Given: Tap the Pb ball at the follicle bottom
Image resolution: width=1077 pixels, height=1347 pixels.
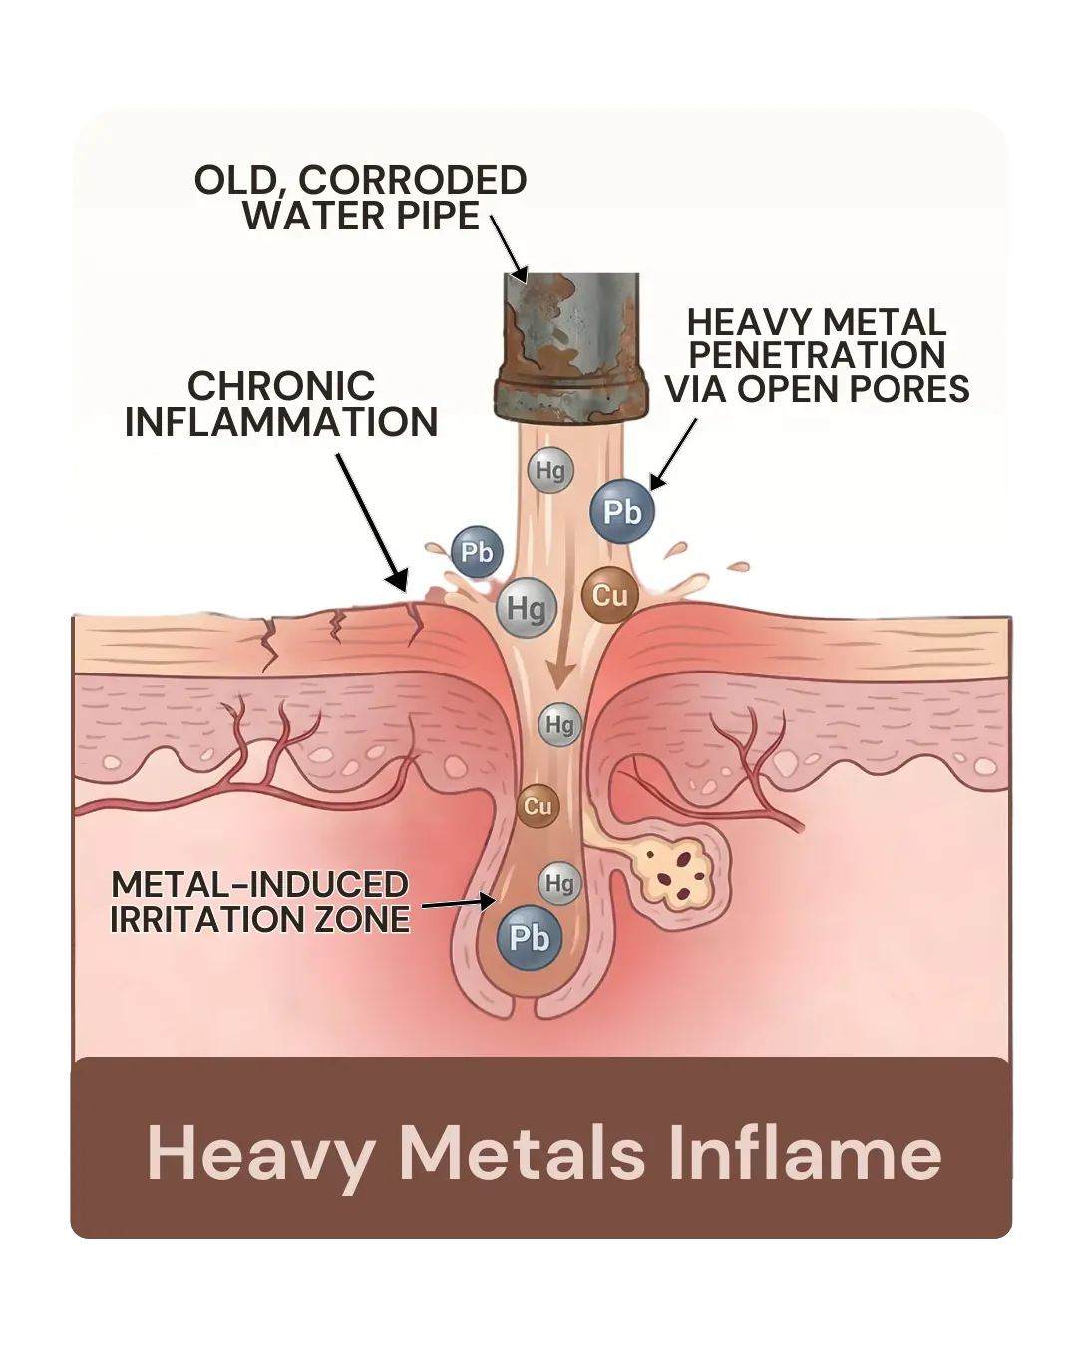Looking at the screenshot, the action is click(x=530, y=938).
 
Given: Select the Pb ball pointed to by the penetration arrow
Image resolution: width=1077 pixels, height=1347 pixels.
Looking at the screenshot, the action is click(x=622, y=511).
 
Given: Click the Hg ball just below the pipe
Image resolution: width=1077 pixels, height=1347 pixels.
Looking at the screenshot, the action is click(x=550, y=470).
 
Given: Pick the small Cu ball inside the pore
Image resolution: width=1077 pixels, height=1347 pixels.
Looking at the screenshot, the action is click(x=538, y=806).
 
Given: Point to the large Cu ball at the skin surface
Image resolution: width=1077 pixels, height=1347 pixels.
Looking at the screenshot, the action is click(x=610, y=595).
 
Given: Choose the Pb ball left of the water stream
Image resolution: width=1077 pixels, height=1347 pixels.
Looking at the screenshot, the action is click(x=477, y=552).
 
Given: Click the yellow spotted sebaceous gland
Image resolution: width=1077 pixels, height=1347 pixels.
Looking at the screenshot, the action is click(x=674, y=872).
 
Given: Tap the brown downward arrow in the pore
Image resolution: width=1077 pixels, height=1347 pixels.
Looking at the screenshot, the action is click(x=558, y=663).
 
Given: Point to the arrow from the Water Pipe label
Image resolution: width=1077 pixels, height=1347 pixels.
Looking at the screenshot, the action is click(x=509, y=249).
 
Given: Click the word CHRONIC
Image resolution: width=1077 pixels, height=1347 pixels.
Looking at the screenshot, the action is click(x=281, y=385).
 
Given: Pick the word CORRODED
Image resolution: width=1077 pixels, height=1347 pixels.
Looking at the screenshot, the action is click(x=413, y=180).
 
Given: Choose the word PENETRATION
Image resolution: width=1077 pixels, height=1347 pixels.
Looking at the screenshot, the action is click(x=817, y=355).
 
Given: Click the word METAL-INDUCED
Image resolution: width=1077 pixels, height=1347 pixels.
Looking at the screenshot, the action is click(x=259, y=884).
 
